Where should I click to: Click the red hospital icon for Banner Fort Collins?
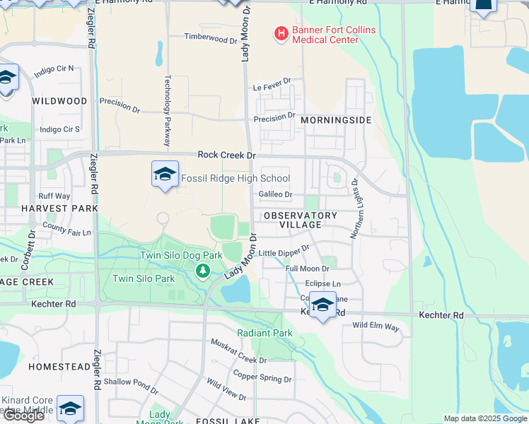point(281,33)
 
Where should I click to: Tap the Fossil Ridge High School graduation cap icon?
point(164,175)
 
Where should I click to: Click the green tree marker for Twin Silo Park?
point(203,270)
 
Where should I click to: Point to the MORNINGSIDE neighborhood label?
point(335,120)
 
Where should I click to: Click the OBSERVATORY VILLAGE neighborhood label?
point(300,220)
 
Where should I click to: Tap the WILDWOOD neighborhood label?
point(59,101)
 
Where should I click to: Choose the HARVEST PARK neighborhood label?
point(59,208)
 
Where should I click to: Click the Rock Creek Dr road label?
point(226,155)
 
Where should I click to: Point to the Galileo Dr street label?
point(275,194)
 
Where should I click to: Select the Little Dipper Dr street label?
point(284,251)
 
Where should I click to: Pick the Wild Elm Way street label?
point(376,327)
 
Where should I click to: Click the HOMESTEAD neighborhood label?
point(59,367)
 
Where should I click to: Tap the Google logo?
point(23,416)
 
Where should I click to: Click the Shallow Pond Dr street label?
point(131,382)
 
